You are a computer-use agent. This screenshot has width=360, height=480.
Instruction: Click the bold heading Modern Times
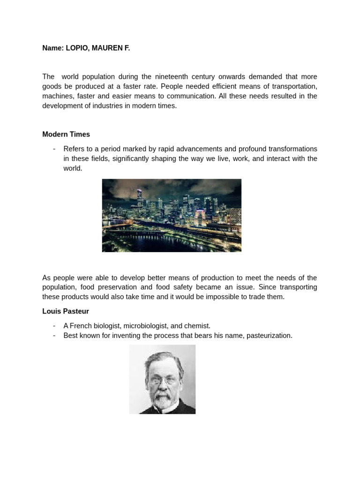click(x=66, y=135)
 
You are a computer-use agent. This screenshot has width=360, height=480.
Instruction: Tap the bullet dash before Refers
click(x=54, y=149)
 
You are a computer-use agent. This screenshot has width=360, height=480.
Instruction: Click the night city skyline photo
click(x=172, y=215)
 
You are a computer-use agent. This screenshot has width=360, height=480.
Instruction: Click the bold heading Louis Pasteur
click(x=65, y=311)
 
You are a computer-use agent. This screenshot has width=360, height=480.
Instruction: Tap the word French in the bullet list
click(x=80, y=326)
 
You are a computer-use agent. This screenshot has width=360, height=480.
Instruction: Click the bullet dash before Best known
click(x=54, y=336)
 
